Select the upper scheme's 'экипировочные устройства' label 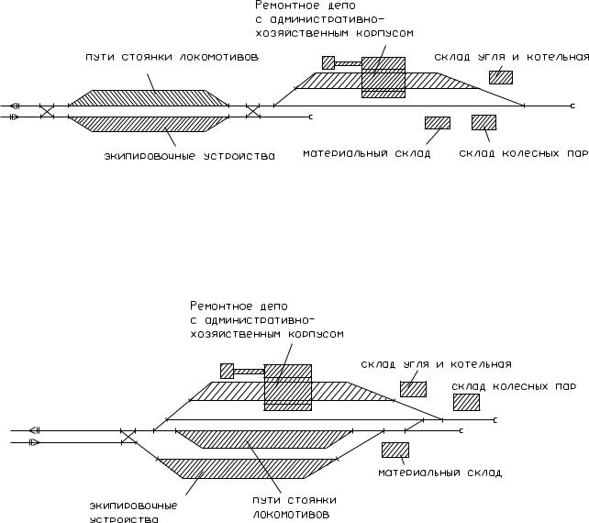pos(189,156)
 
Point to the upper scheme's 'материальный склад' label pos(366,153)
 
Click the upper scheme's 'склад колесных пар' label pos(523,153)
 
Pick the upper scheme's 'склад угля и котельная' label pos(512,57)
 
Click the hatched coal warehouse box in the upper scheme pos(501,77)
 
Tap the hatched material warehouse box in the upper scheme pos(438,123)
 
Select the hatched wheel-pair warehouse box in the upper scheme pos(483,122)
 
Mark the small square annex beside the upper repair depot pos(328,62)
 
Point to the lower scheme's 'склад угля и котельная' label pos(437,364)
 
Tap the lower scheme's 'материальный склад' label pos(440,473)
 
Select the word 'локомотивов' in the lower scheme pos(287,514)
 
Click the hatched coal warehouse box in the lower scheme pos(413,389)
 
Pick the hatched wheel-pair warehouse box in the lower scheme pos(466,402)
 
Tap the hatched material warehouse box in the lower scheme pos(395,450)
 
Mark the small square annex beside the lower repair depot pos(227,371)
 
